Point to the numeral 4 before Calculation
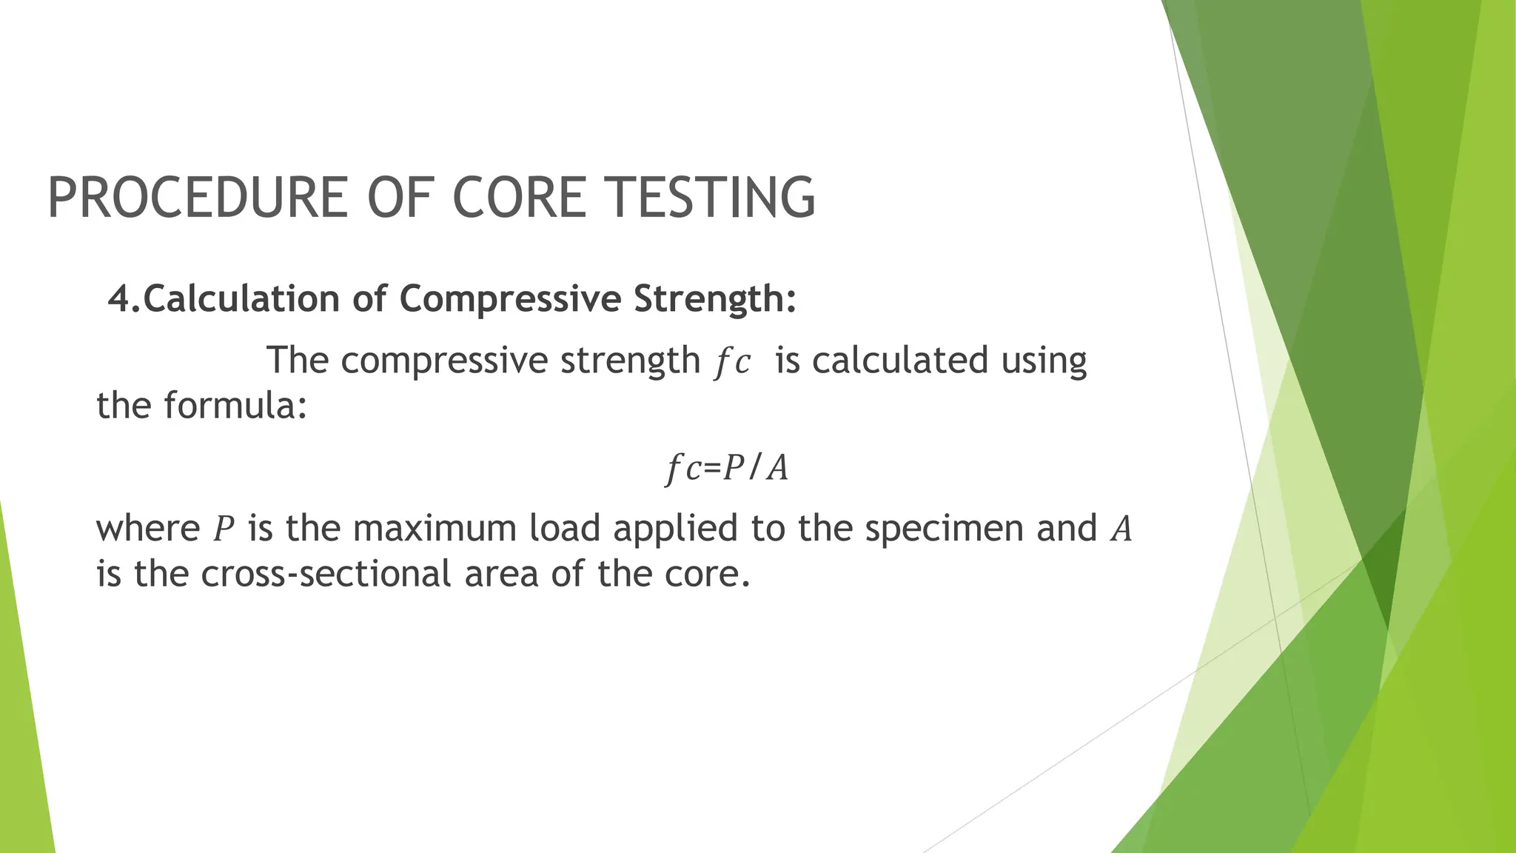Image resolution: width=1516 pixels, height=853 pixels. click(119, 299)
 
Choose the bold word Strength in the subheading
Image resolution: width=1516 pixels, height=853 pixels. click(715, 299)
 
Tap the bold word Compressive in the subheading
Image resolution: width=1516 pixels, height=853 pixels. click(510, 299)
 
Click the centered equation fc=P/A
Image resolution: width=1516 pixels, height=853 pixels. click(727, 468)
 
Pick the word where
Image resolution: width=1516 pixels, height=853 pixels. click(148, 529)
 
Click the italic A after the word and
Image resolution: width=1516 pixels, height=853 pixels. click(1121, 529)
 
